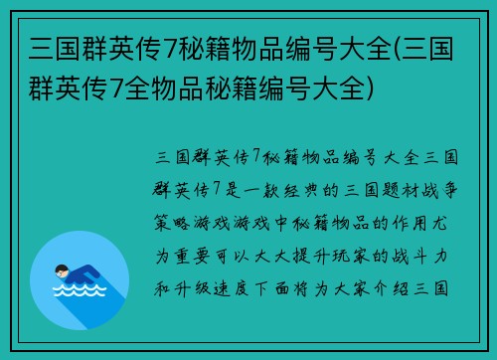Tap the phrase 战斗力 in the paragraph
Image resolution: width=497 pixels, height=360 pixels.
[x=424, y=256]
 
